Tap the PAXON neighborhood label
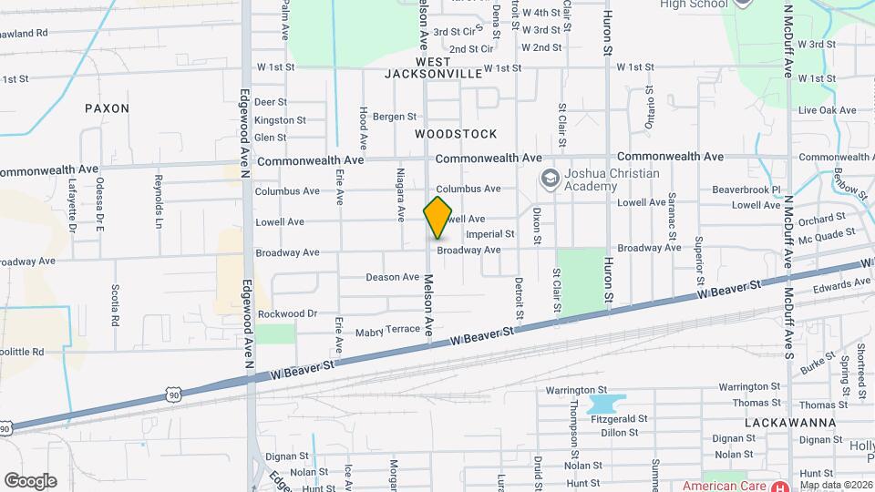107,108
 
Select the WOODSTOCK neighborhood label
456,134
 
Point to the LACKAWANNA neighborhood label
784,424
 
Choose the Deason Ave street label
392,277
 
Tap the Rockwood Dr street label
286,313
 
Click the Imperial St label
489,233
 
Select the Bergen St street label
394,117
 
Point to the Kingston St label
280,120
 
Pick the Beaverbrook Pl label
746,190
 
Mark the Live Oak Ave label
827,110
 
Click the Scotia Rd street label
116,305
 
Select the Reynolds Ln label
159,200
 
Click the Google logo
30,481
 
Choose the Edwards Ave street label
843,286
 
